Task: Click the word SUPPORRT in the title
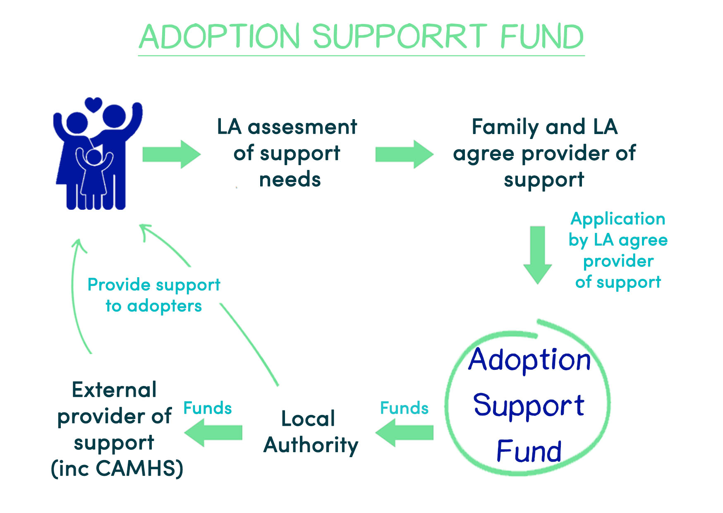pyautogui.click(x=400, y=36)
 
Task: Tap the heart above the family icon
pyautogui.click(x=93, y=104)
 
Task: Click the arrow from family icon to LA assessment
pyautogui.click(x=172, y=154)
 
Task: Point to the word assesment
pyautogui.click(x=302, y=127)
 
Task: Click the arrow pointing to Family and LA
pyautogui.click(x=405, y=154)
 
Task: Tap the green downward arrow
pyautogui.click(x=538, y=255)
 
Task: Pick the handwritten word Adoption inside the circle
pyautogui.click(x=530, y=360)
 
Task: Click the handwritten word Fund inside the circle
pyautogui.click(x=529, y=451)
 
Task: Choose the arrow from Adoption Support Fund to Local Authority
pyautogui.click(x=405, y=433)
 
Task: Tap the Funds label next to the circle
pyautogui.click(x=404, y=408)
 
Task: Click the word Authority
pyautogui.click(x=311, y=446)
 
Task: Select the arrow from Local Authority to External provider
pyautogui.click(x=213, y=433)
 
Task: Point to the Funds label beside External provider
pyautogui.click(x=207, y=408)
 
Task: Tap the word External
pyautogui.click(x=114, y=390)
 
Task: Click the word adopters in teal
pyautogui.click(x=164, y=307)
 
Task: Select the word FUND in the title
pyautogui.click(x=542, y=36)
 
